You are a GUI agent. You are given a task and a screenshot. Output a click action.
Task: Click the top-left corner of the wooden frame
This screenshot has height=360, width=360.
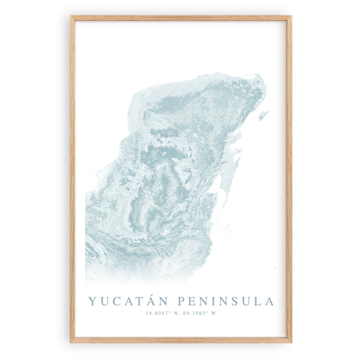click(71, 18)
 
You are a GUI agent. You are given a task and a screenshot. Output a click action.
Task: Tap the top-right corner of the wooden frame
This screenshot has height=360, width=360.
click(291, 18)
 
